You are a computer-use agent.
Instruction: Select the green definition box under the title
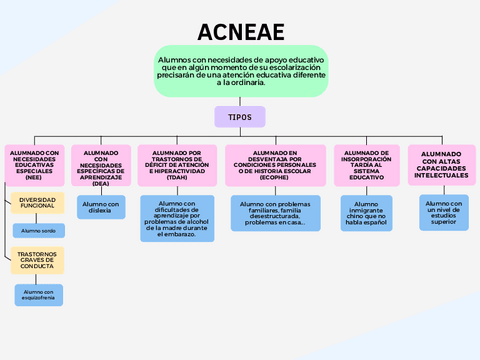[240, 71]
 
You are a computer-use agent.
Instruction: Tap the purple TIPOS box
[240, 117]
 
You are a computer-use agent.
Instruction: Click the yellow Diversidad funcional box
[38, 203]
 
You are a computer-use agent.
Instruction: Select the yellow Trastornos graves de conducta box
[38, 261]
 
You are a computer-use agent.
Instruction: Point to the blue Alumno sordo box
[38, 230]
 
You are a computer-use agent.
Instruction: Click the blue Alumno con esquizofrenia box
[38, 294]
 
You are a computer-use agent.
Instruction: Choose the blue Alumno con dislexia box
[101, 207]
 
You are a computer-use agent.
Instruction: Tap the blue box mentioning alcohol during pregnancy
[177, 218]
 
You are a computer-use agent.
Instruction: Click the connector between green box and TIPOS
[240, 102]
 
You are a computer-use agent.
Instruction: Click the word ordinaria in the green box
[247, 83]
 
